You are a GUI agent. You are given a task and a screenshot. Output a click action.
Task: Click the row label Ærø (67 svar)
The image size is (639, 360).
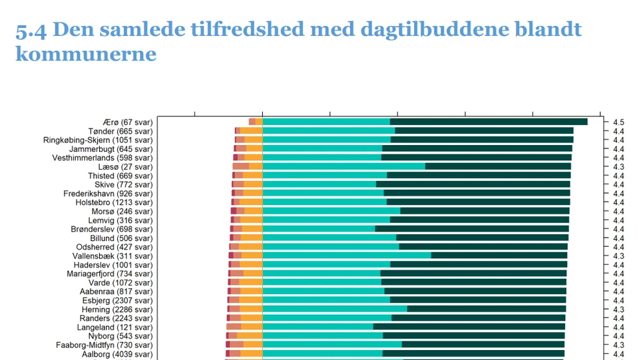point(128,122)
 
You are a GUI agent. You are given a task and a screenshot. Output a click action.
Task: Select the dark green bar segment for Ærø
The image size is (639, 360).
point(489,122)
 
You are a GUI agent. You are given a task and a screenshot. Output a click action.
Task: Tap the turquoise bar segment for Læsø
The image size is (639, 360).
point(343,166)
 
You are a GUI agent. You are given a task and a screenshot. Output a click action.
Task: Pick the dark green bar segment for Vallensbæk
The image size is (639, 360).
point(499,256)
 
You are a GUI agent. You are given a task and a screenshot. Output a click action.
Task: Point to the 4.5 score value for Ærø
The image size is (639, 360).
point(618,122)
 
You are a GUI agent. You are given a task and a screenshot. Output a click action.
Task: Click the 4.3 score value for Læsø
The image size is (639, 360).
point(618,167)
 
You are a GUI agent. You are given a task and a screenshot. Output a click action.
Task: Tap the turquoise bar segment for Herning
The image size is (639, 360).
point(335,309)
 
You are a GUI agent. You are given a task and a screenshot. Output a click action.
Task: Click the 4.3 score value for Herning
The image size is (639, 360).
point(618,309)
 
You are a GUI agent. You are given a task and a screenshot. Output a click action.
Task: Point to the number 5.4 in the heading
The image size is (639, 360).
point(31,30)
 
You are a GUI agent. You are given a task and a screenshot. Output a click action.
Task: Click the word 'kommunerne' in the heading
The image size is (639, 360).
point(86,54)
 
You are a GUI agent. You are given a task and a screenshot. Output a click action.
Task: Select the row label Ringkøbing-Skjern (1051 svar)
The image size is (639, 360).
point(98,140)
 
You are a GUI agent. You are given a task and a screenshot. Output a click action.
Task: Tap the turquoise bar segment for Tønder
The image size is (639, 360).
point(329,131)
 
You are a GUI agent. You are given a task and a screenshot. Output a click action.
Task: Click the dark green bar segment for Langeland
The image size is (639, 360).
point(469,327)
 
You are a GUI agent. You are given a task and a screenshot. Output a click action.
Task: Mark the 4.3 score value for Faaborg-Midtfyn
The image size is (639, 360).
point(618,345)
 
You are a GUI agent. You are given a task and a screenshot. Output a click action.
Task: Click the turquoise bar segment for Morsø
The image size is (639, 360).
point(331,211)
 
